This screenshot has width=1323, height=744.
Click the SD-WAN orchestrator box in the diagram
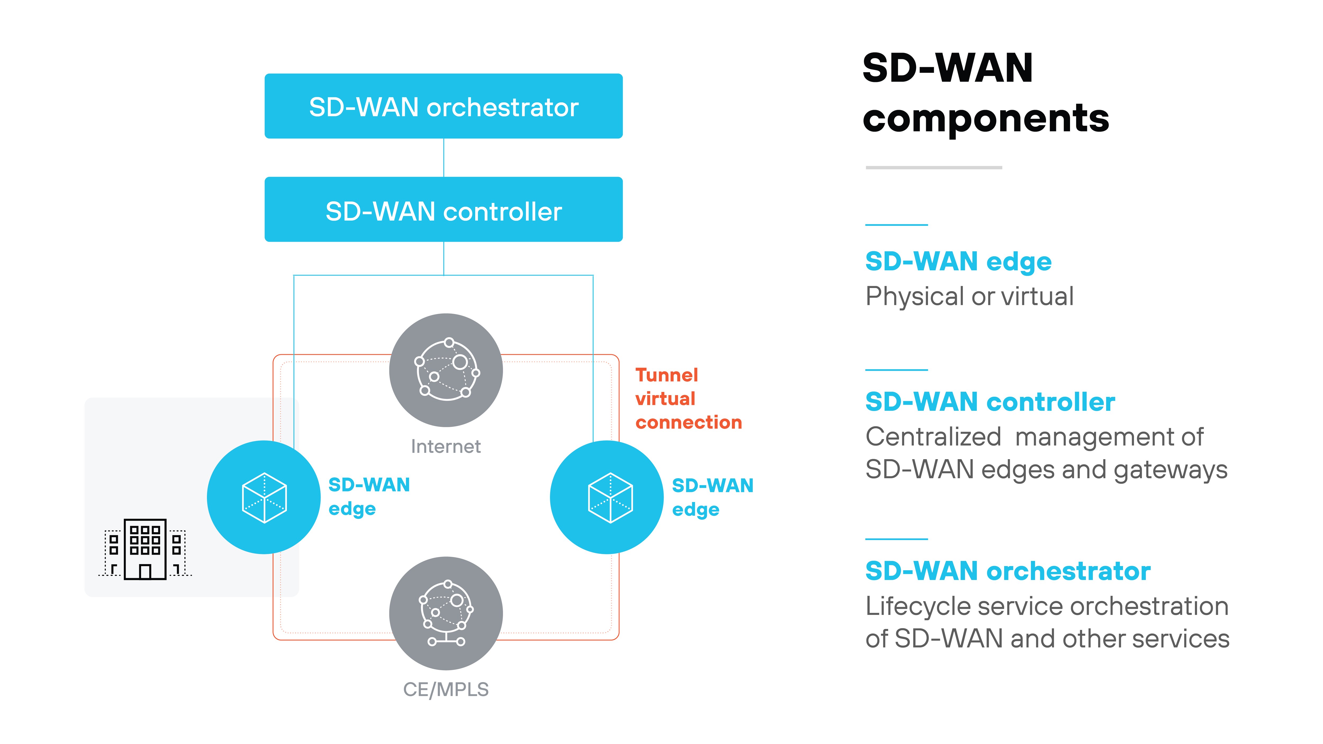coord(443,106)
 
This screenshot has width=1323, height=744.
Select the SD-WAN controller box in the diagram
coord(443,209)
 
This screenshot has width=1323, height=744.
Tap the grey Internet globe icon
coord(446,370)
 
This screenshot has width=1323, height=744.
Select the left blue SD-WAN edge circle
coord(264,497)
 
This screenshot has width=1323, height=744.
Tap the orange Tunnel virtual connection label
coord(688,398)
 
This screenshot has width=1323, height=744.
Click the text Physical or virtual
coord(969,296)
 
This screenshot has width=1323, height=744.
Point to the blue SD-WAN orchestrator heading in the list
coord(1008,571)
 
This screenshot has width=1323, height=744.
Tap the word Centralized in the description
coord(933,437)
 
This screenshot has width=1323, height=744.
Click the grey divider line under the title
coord(934,167)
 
